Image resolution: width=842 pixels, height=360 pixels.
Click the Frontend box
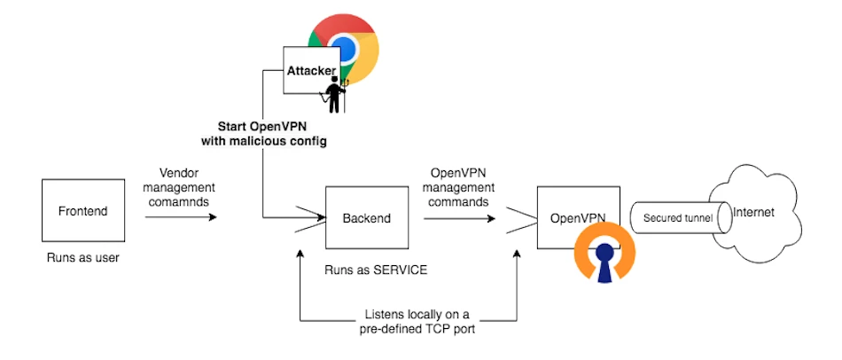tap(82, 211)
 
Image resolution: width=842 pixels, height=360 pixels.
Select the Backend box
tap(366, 217)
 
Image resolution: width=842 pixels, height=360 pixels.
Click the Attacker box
tap(313, 70)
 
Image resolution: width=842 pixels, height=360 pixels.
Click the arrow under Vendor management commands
tap(181, 215)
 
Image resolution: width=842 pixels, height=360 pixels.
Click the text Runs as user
tap(82, 258)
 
